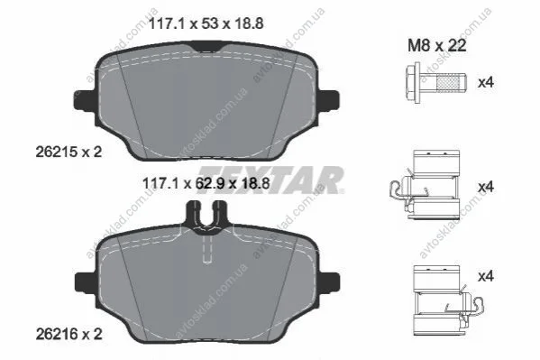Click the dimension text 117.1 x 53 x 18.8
coord(206,23)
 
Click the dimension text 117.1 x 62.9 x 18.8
coord(206,183)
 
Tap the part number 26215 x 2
coord(69,152)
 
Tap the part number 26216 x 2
coord(69,334)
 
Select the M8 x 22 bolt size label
coord(436,45)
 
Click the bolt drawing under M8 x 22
coord(435,83)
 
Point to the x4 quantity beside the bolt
coord(486,83)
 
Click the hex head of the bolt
coord(413,83)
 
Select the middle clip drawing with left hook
coord(426,184)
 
